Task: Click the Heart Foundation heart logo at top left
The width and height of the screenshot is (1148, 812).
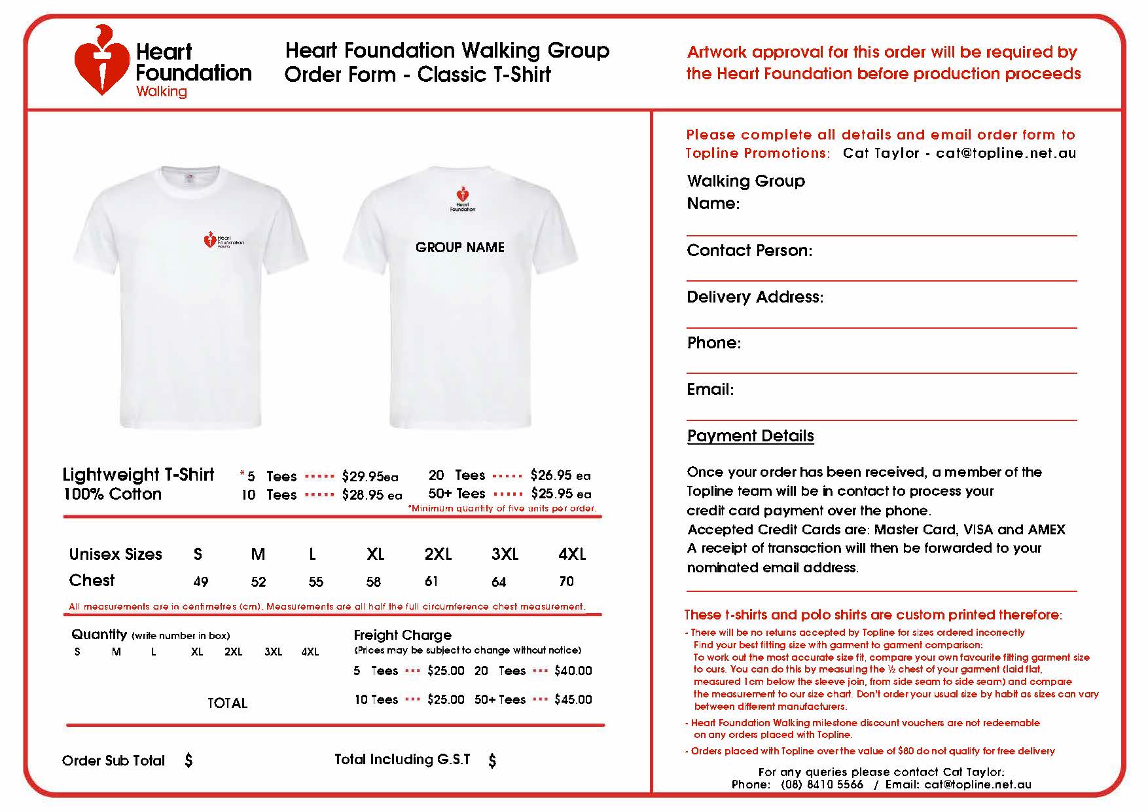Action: click(101, 62)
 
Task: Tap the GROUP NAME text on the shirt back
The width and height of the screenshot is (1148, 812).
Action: click(459, 248)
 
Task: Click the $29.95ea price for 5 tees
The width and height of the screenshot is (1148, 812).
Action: click(369, 477)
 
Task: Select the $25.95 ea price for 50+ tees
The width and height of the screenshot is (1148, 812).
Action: click(560, 494)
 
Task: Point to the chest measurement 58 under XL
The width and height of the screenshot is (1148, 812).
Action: click(374, 581)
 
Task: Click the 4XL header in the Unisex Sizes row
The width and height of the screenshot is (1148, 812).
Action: click(571, 555)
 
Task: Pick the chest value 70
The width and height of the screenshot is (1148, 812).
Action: click(566, 581)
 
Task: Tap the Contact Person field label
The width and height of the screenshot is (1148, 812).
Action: click(749, 251)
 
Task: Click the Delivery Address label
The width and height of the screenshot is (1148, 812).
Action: click(755, 297)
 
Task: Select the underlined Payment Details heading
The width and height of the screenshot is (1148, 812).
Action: click(750, 436)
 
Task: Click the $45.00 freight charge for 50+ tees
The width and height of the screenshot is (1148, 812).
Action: click(573, 700)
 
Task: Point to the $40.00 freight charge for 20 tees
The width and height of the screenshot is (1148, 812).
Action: click(573, 671)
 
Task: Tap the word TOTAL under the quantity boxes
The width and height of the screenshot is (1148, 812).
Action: click(227, 703)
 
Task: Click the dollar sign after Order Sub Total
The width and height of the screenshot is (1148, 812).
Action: click(188, 760)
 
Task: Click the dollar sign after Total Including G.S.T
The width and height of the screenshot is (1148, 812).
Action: click(492, 760)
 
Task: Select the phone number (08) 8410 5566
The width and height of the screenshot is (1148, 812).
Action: click(821, 784)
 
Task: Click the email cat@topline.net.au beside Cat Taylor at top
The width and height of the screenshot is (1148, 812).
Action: click(1005, 153)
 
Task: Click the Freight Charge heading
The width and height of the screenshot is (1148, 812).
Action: click(402, 635)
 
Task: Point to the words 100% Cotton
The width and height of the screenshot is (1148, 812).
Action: click(112, 494)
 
